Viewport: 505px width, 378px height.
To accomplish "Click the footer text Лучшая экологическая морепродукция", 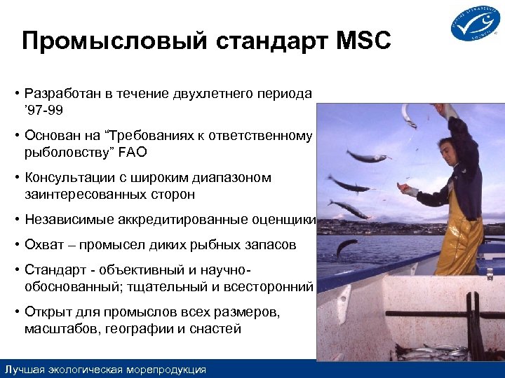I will (105, 369).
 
